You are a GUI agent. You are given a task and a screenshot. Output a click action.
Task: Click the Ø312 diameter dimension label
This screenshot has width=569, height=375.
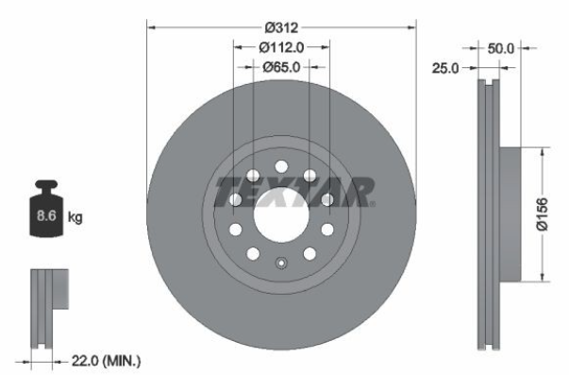tap(281, 27)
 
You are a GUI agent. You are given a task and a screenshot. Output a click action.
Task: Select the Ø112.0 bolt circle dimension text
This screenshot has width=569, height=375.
tap(281, 47)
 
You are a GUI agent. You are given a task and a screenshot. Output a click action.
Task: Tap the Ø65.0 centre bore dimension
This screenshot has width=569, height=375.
tap(281, 67)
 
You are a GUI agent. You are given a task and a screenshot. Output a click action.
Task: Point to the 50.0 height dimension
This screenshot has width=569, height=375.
tap(501, 48)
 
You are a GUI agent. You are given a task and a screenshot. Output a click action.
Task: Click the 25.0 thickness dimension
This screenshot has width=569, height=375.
tap(445, 68)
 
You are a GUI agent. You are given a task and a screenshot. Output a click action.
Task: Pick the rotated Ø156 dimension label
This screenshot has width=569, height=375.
tap(543, 214)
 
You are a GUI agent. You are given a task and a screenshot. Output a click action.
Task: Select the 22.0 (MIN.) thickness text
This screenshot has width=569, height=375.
tap(106, 361)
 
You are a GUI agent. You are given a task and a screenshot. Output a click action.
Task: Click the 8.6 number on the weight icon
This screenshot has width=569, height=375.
tap(46, 216)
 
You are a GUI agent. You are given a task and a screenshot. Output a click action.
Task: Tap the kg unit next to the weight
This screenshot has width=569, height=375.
tap(75, 217)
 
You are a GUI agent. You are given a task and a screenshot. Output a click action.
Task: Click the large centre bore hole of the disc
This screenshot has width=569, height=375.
tap(281, 214)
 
